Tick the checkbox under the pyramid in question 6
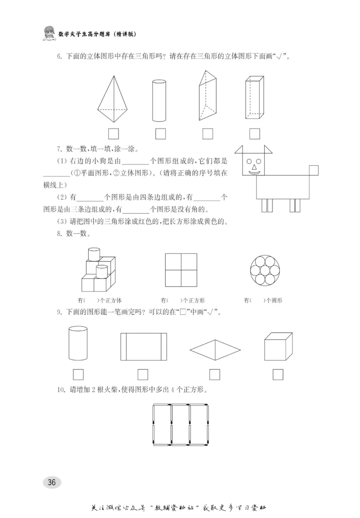click(x=113, y=134)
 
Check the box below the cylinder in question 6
click(x=160, y=134)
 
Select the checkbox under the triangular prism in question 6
click(x=207, y=134)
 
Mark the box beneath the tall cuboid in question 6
click(x=255, y=134)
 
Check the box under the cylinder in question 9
click(x=78, y=374)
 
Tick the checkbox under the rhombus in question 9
click(x=215, y=374)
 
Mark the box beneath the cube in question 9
click(x=278, y=374)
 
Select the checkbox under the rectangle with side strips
click(x=143, y=374)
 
